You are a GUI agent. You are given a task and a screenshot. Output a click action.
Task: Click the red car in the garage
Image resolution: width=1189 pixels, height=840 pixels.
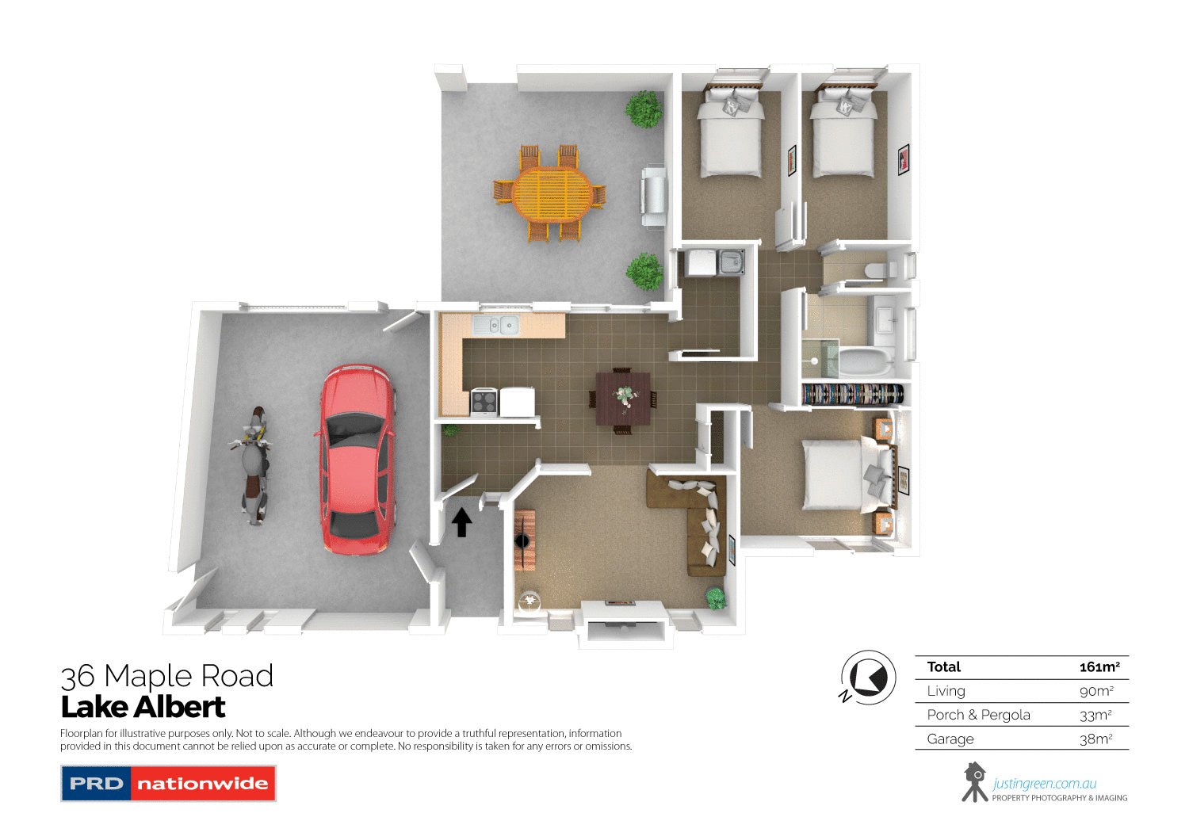(357, 460)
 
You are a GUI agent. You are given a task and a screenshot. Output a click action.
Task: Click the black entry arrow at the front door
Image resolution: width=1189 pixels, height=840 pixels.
(461, 522)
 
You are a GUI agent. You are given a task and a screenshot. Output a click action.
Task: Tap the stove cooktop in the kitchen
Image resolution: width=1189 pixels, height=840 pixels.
(484, 402)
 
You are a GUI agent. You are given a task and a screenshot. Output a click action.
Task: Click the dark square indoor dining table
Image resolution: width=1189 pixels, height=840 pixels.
(623, 397)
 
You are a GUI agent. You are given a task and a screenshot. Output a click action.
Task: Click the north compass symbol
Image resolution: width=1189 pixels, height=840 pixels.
(868, 678)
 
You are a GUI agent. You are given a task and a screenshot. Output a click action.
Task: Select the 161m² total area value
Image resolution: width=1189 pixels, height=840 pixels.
(1099, 667)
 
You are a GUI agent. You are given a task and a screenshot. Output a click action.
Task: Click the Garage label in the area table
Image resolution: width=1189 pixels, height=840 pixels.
(950, 739)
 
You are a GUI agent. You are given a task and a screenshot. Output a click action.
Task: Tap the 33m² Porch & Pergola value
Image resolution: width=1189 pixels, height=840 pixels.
(1095, 715)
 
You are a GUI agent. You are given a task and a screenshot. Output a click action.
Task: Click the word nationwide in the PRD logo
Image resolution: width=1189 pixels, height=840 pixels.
(203, 784)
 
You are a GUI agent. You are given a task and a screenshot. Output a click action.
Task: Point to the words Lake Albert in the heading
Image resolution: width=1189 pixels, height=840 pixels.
(143, 707)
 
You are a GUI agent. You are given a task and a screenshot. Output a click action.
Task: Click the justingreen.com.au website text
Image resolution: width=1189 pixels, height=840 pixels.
(1044, 784)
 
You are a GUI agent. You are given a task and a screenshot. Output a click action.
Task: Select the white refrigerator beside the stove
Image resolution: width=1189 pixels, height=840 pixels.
(518, 402)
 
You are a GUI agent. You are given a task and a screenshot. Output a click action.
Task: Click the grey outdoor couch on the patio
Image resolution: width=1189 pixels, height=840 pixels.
(653, 197)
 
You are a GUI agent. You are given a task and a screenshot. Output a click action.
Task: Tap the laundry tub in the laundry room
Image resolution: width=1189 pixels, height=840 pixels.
(731, 262)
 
